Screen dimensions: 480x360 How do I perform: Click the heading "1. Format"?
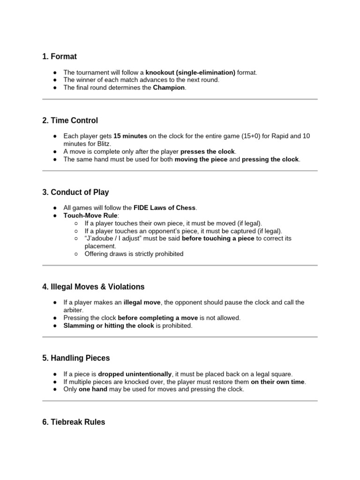59,57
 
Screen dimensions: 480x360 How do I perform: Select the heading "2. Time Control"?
70,120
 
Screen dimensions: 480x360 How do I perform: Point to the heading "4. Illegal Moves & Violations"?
93,286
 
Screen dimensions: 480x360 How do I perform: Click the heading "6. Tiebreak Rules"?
73,422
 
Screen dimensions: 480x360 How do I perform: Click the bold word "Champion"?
169,88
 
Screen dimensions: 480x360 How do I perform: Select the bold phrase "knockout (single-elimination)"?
190,73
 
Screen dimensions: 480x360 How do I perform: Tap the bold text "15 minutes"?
130,136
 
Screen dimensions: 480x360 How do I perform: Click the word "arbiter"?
73,310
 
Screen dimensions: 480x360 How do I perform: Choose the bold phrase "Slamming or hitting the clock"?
109,325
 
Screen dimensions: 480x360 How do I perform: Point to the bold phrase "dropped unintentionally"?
135,374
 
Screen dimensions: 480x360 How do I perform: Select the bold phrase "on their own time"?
278,382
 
